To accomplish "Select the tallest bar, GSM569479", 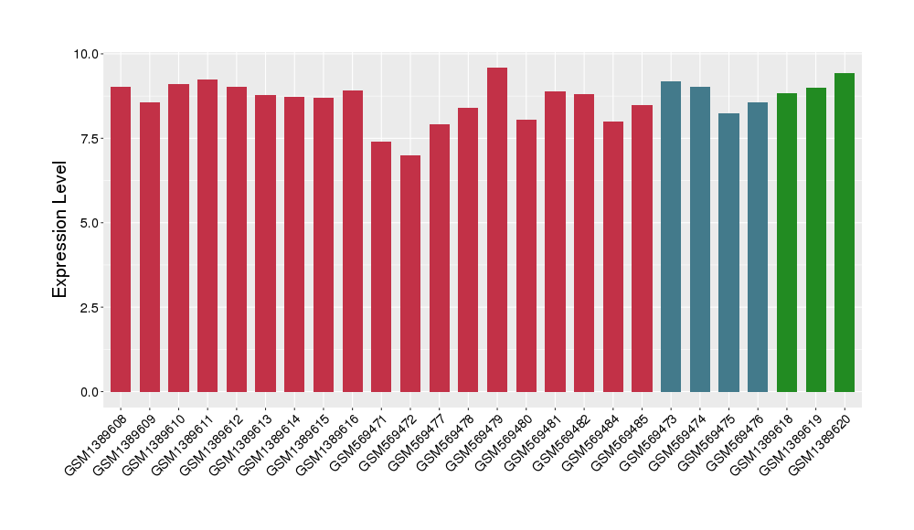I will [497, 229].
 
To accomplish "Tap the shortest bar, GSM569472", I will [410, 273].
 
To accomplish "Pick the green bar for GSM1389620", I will [845, 232].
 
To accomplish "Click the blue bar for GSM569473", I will [671, 237].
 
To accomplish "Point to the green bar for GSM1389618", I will [787, 242].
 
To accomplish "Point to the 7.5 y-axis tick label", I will [90, 138].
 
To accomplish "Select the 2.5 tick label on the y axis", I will [90, 307].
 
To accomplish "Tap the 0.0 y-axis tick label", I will [90, 392].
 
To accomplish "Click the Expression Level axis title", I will [60, 228].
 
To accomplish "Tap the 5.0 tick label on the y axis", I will [90, 223].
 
